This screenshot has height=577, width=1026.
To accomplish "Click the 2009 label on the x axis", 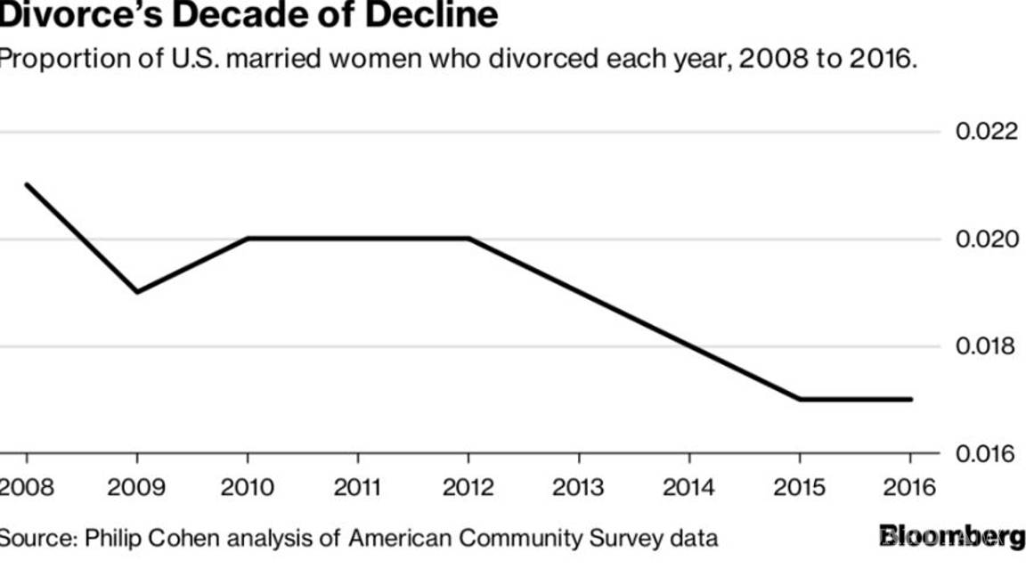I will pyautogui.click(x=136, y=488).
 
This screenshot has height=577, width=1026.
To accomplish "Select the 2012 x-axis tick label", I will pyautogui.click(x=468, y=488).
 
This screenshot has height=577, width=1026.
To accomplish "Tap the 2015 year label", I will pyautogui.click(x=799, y=488).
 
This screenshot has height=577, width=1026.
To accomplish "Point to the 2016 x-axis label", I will pyautogui.click(x=909, y=488).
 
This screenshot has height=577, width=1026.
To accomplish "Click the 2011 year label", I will pyautogui.click(x=357, y=488).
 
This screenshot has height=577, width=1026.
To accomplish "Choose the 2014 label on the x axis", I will pyautogui.click(x=688, y=488).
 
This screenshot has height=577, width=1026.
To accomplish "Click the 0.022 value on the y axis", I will pyautogui.click(x=986, y=132).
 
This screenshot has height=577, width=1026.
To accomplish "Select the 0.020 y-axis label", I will pyautogui.click(x=986, y=240).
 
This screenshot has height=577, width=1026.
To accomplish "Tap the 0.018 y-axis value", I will pyautogui.click(x=986, y=346).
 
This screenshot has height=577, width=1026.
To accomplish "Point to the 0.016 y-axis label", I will pyautogui.click(x=986, y=454).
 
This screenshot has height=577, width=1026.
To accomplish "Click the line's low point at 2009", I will pyautogui.click(x=136, y=292).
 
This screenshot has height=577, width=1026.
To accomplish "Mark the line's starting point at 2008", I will pyautogui.click(x=27, y=184).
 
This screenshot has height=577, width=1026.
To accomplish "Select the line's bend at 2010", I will pyautogui.click(x=248, y=239).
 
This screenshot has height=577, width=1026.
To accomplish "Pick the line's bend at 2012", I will pyautogui.click(x=468, y=239).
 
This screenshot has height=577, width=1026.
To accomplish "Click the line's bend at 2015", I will pyautogui.click(x=799, y=399).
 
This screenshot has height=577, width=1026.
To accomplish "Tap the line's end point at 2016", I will pyautogui.click(x=910, y=399).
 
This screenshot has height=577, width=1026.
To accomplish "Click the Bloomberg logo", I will pyautogui.click(x=951, y=536).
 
